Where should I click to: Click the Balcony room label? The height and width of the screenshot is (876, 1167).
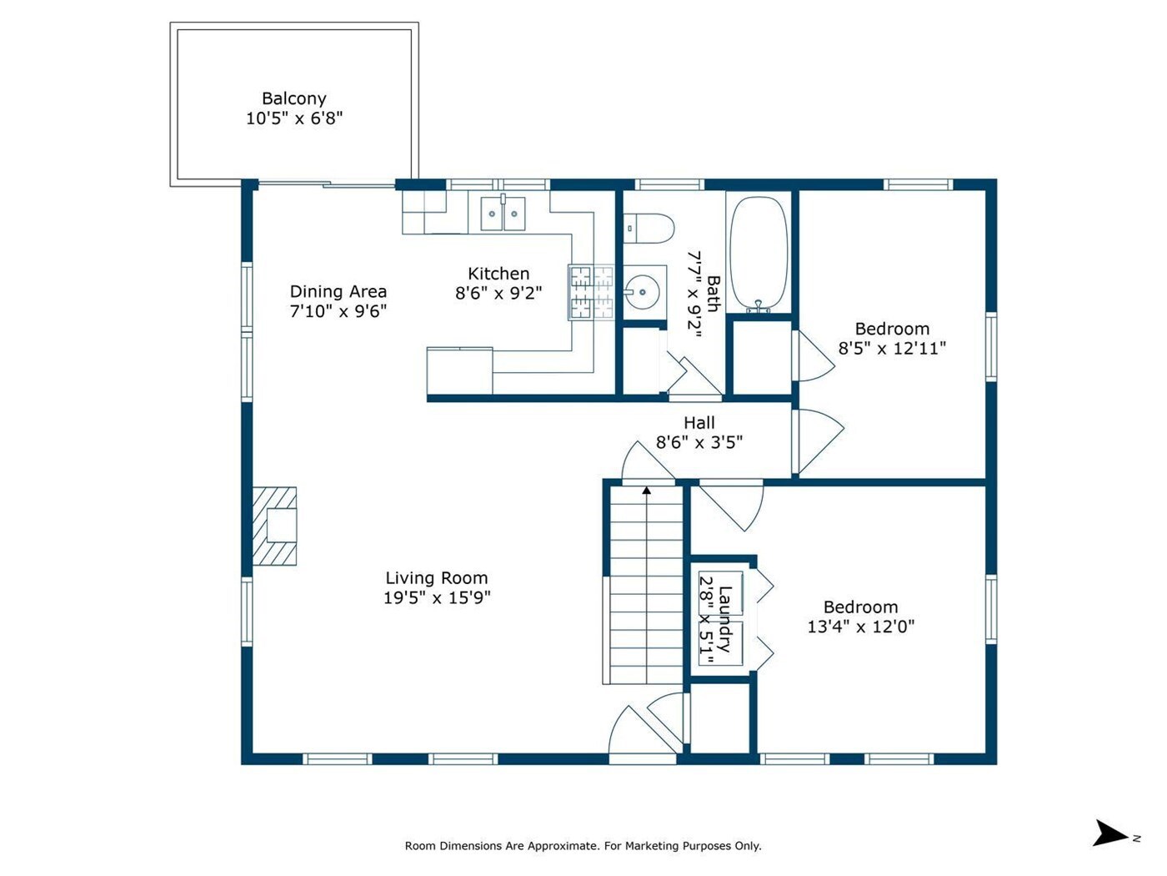point(293,98)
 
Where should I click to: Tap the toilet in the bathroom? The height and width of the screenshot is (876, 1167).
point(648,228)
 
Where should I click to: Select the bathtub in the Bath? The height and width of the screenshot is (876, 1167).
point(759,253)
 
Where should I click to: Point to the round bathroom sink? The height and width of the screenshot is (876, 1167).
point(641,292)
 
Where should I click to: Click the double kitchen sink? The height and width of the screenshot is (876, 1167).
point(503,213)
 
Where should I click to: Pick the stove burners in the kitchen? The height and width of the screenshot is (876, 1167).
point(591,293)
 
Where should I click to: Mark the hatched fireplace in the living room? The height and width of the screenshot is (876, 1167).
point(273,526)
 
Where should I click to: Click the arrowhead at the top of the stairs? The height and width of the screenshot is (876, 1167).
point(646,490)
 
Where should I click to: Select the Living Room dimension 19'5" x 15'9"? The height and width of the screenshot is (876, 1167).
point(437,598)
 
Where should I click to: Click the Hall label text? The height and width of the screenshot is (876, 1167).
point(699,423)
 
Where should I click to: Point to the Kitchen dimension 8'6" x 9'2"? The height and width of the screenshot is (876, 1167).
point(498,293)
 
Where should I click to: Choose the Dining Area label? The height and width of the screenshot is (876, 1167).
point(338,291)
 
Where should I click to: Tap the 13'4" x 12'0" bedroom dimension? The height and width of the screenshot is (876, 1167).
point(861,627)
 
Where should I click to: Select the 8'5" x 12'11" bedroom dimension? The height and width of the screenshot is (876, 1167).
point(892,349)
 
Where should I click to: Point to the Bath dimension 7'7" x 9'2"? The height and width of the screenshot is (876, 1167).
point(694,295)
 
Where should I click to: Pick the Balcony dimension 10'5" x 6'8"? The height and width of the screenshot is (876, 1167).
point(294,118)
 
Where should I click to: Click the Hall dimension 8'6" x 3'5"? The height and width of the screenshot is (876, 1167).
point(699,442)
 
